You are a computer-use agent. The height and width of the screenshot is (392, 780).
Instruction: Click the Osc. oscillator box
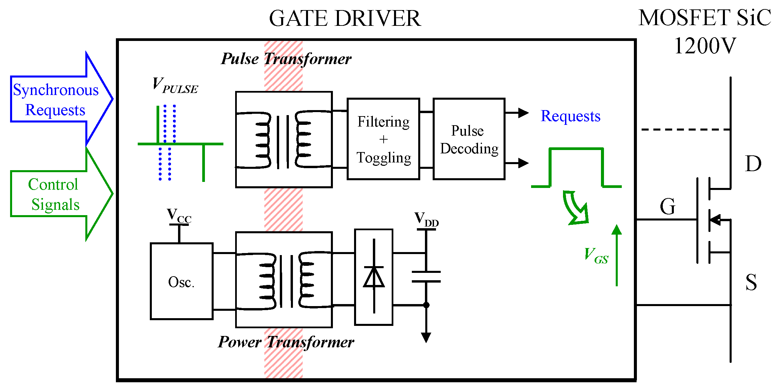pos(181,281)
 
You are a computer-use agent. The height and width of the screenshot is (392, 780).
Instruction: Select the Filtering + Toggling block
pos(383,139)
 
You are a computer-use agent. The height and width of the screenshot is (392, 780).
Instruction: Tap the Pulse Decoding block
pos(469,139)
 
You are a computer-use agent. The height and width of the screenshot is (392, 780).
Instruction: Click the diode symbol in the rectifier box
pos(374,277)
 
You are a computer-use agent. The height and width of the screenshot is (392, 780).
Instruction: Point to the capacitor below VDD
pos(426,277)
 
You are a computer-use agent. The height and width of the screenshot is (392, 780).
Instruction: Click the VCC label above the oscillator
pos(179,215)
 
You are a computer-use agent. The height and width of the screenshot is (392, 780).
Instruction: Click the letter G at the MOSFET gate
pos(667,206)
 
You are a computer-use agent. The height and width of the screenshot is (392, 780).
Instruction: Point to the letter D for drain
pos(753,164)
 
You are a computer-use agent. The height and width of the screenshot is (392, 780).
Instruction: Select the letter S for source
pos(751,282)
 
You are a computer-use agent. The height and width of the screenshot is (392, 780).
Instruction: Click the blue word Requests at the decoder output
pos(570,116)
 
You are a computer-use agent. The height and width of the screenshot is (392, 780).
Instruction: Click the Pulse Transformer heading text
pos(286,59)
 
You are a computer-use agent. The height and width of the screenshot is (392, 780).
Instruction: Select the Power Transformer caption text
pos(286,342)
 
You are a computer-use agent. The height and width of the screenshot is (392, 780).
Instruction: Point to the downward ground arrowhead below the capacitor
pos(426,337)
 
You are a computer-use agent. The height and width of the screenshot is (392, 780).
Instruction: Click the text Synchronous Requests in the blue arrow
pos(55,100)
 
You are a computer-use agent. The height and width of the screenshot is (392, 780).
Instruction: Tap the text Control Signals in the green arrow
pos(54,194)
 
